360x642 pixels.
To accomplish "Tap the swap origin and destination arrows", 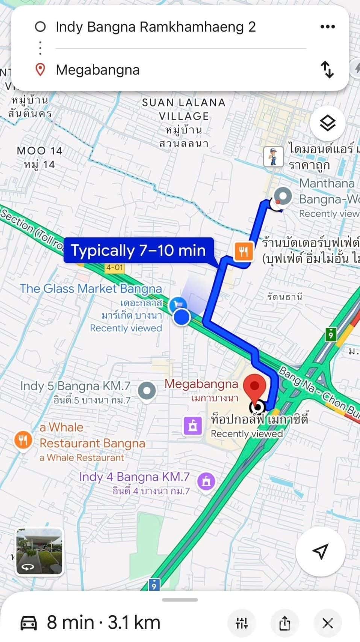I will pyautogui.click(x=327, y=70).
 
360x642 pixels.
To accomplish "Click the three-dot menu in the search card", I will pyautogui.click(x=327, y=27).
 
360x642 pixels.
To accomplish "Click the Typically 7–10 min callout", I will pyautogui.click(x=139, y=250).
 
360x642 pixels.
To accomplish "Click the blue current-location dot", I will pyautogui.click(x=182, y=317).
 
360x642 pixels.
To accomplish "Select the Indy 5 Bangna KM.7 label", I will pyautogui.click(x=75, y=386).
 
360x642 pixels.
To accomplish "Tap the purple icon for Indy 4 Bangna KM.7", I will pyautogui.click(x=206, y=480).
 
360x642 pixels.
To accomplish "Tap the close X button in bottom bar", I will pyautogui.click(x=327, y=624).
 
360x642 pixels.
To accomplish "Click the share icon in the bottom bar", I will pyautogui.click(x=284, y=624).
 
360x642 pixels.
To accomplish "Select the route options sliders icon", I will pyautogui.click(x=242, y=624).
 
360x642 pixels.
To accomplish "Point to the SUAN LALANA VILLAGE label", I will pyautogui.click(x=183, y=109).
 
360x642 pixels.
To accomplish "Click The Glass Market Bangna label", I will pyautogui.click(x=91, y=289).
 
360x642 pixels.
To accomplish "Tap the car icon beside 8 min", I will pyautogui.click(x=29, y=623).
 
